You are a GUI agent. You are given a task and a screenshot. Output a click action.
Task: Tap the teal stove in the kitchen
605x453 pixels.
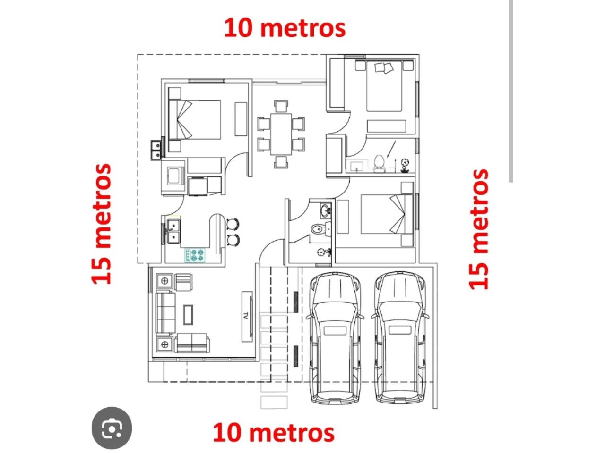(x=195, y=255)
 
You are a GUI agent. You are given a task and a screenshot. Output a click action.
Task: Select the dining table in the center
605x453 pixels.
(x=281, y=134)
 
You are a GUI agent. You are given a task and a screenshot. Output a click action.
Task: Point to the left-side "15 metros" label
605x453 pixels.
(x=101, y=224)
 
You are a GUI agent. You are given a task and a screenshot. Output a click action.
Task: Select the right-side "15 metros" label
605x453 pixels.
(x=478, y=229)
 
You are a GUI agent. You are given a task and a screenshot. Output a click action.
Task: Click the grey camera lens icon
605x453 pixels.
(x=112, y=428)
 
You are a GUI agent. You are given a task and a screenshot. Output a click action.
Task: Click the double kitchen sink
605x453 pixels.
(x=173, y=231)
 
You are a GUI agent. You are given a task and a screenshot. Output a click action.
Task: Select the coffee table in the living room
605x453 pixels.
(x=188, y=315)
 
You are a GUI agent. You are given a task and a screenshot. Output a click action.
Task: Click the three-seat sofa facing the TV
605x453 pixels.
(x=165, y=313)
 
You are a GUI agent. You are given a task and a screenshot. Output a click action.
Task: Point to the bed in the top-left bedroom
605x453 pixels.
(x=195, y=119)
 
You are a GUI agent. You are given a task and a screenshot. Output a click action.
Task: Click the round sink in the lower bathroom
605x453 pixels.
(x=326, y=210)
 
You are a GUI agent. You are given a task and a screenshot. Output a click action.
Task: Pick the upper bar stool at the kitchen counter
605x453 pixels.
(x=233, y=224)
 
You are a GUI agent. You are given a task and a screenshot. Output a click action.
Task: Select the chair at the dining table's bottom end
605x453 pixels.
(x=281, y=162)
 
